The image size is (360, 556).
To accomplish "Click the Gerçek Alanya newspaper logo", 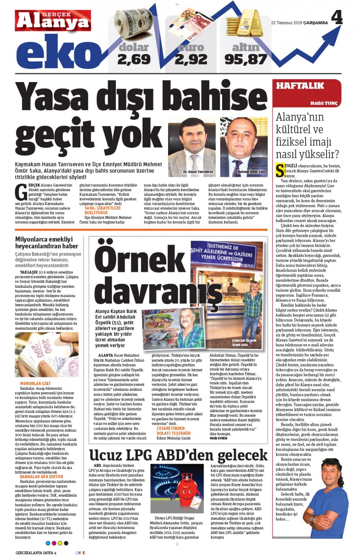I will coord(53,21).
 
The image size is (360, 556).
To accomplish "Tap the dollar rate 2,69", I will coord(134,59).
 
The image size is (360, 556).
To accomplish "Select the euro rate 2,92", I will coord(191,59).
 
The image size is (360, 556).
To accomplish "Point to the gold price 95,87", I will coord(246,59).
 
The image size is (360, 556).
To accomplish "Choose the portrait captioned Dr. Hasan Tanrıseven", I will coord(192,146).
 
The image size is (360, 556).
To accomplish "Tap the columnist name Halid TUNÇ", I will coord(324,103).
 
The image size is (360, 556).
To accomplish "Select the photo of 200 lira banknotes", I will coord(47,354).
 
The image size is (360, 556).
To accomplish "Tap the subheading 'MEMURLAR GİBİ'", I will coord(35,383).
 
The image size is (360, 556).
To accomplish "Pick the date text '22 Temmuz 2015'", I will coord(287,23).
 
